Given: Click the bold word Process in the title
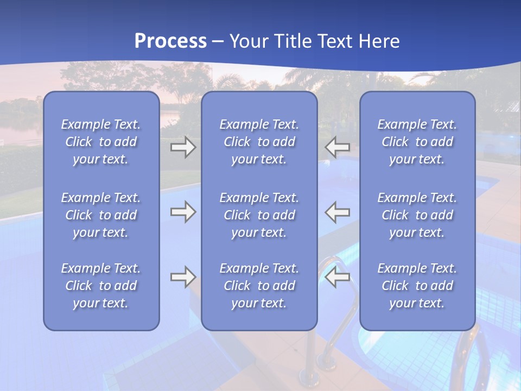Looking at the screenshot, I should [x=170, y=41].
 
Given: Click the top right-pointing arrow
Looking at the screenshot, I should [x=183, y=147].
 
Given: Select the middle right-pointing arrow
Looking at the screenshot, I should [x=183, y=212].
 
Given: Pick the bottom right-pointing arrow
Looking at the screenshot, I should [x=183, y=277].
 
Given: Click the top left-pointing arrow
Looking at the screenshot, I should [x=338, y=147].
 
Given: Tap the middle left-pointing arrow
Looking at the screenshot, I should [x=338, y=212].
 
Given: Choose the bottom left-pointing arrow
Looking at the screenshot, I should [x=338, y=277].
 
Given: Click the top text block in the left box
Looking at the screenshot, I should [x=101, y=142].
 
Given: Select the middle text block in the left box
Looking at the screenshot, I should [x=101, y=215].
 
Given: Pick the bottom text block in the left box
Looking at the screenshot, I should [x=101, y=286].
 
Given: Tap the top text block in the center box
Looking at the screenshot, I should [x=259, y=142].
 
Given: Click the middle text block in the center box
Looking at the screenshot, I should [x=259, y=215].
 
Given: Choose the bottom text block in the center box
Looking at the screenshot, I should [x=259, y=286].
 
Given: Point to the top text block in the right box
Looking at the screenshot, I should [x=417, y=142].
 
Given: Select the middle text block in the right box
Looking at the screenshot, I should [x=417, y=215].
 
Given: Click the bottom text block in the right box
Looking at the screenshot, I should [x=417, y=286].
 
